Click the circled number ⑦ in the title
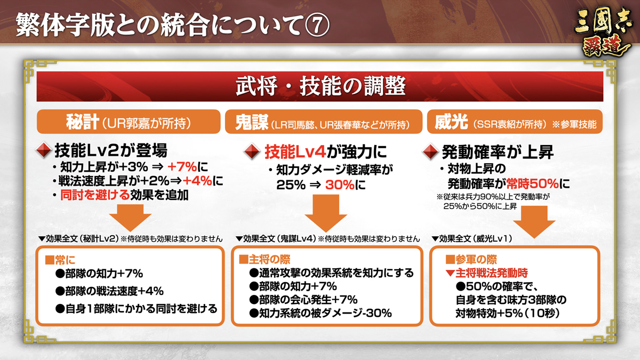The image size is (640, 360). pyautogui.click(x=317, y=26)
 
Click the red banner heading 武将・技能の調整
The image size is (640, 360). pyautogui.click(x=320, y=86)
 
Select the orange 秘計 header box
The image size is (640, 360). pyautogui.click(x=129, y=122)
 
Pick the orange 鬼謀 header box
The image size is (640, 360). pyautogui.click(x=324, y=122)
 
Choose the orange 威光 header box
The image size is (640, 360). pyautogui.click(x=515, y=122)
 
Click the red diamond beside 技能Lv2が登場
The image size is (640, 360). pyautogui.click(x=43, y=150)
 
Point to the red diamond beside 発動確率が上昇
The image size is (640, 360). pyautogui.click(x=430, y=151)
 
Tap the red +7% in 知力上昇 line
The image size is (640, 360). pyautogui.click(x=182, y=166)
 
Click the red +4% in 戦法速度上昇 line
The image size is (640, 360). pyautogui.click(x=197, y=181)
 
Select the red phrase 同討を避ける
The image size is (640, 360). pyautogui.click(x=95, y=195)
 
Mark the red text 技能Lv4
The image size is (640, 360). pyautogui.click(x=295, y=151)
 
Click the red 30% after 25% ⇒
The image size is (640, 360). pyautogui.click(x=340, y=185)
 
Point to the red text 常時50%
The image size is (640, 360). pyautogui.click(x=532, y=183)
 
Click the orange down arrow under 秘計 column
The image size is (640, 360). pyautogui.click(x=130, y=218)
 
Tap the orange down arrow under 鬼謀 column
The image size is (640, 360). pyautogui.click(x=326, y=213)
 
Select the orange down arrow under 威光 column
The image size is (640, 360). pyautogui.click(x=534, y=222)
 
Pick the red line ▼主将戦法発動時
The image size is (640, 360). pyautogui.click(x=486, y=273)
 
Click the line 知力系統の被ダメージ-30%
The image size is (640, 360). pyautogui.click(x=321, y=314)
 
